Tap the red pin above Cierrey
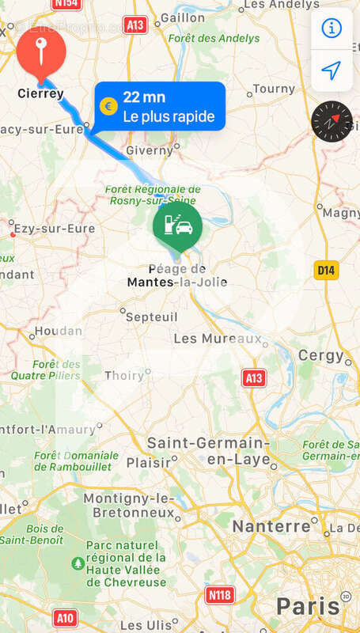40,53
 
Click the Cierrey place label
40,94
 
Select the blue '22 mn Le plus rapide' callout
160,106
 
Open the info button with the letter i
332,28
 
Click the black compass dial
332,122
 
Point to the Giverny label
149,150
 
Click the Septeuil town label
151,316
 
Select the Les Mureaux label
217,339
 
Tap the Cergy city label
320,356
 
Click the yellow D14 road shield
326,271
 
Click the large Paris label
308,607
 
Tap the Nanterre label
271,526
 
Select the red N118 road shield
219,593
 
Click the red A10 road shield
66,615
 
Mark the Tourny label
273,89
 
